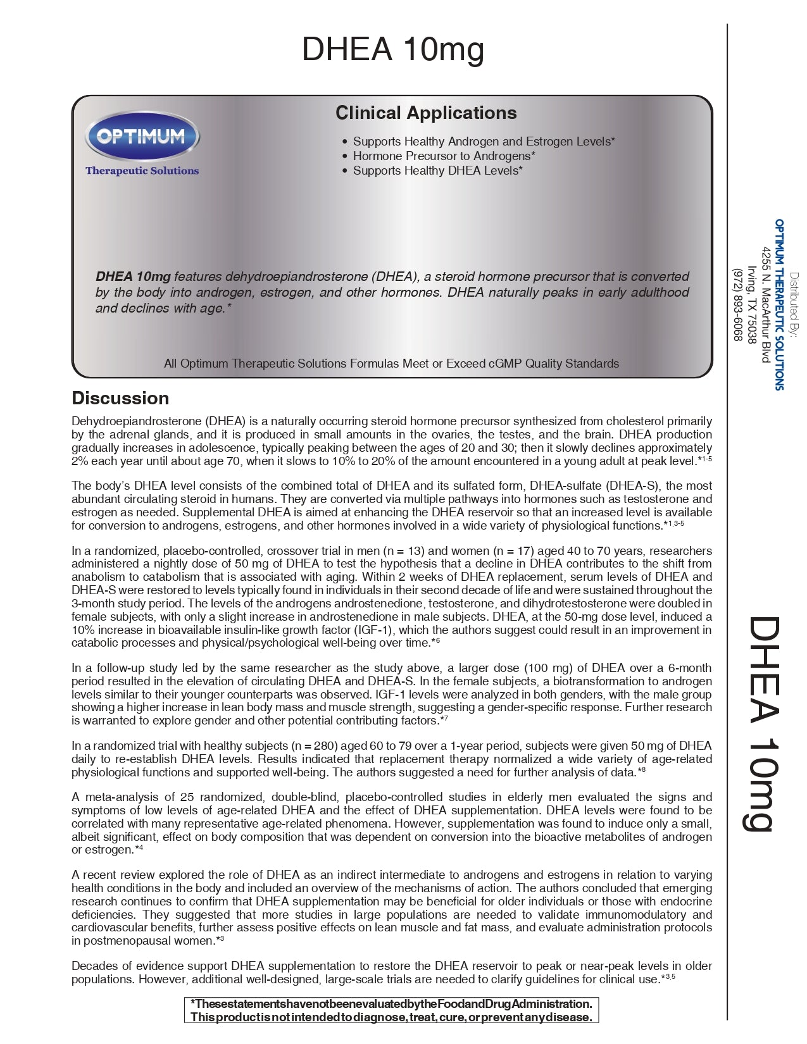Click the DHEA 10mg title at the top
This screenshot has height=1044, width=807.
(392, 49)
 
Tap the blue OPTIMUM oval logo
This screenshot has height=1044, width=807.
(142, 136)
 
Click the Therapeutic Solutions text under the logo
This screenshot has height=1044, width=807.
(142, 171)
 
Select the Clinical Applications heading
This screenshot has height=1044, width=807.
(426, 113)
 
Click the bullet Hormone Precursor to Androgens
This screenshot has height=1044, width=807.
(444, 156)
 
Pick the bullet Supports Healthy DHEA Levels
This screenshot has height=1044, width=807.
(437, 170)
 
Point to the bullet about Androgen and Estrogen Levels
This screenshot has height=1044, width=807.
(484, 141)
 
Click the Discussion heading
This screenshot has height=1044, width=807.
(120, 398)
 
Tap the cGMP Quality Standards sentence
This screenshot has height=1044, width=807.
(391, 363)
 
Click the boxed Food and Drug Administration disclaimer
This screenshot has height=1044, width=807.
(391, 1010)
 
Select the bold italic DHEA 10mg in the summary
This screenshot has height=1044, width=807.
(133, 277)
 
